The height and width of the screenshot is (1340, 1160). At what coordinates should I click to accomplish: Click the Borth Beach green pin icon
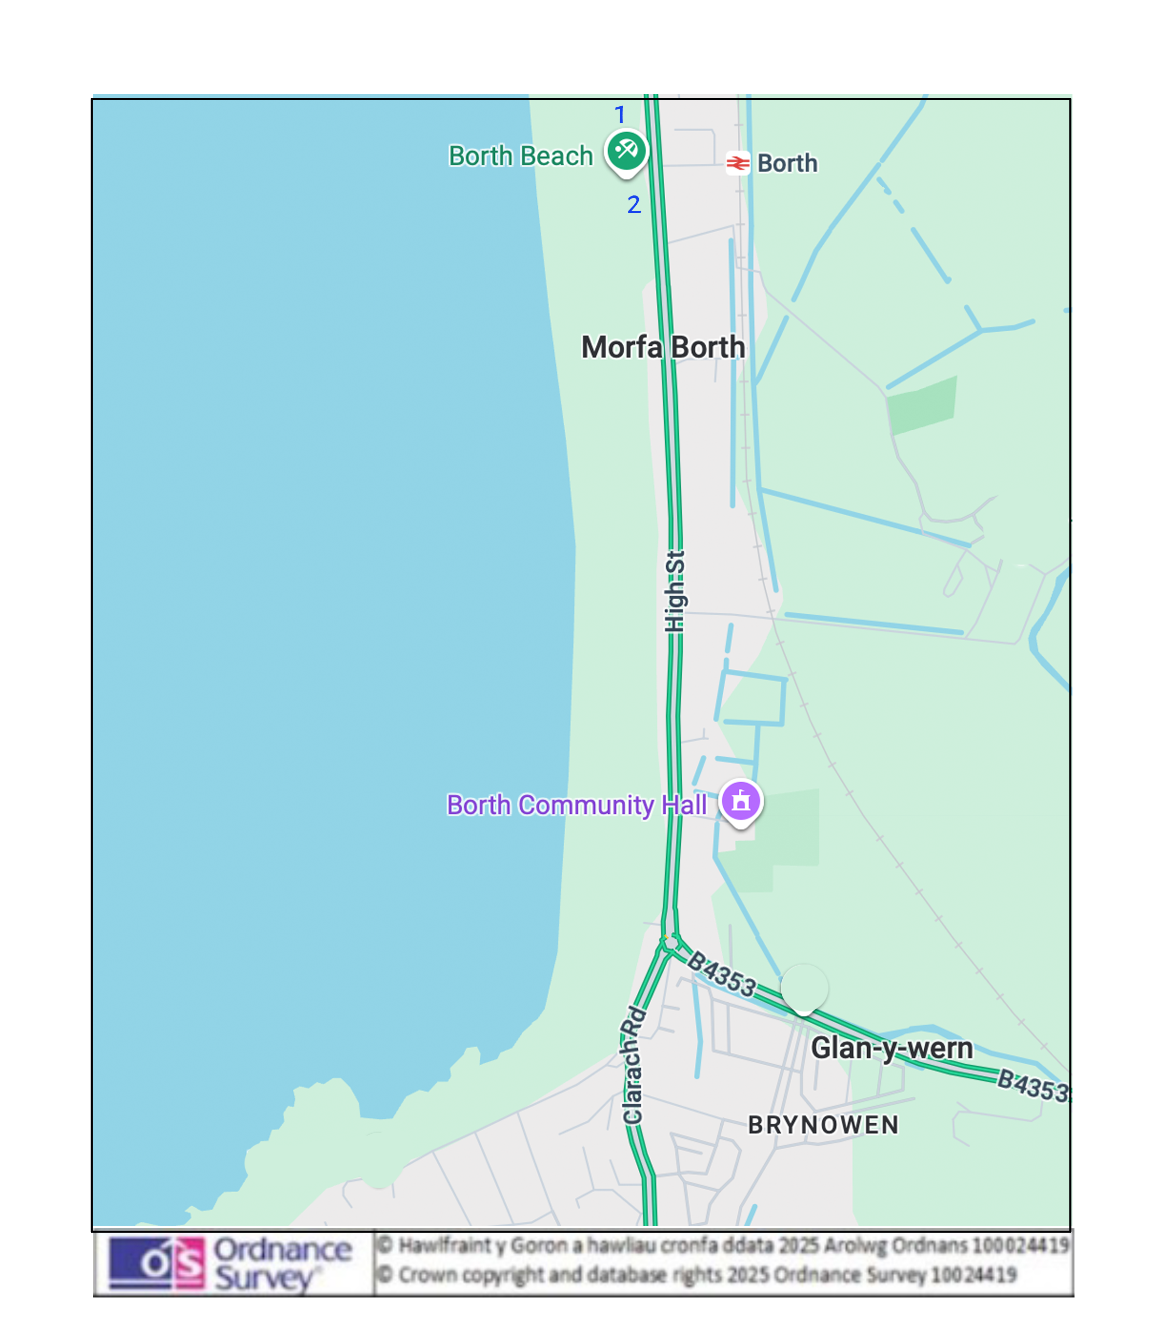(x=626, y=151)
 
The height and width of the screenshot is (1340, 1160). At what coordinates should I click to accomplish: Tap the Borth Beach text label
(x=521, y=156)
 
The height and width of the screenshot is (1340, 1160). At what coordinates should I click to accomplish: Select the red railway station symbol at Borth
(x=737, y=163)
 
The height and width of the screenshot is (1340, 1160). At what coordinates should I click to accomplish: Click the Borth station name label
(x=787, y=163)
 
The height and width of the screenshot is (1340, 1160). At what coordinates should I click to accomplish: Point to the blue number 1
(x=620, y=115)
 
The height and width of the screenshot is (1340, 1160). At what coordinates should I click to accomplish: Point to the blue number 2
(x=634, y=205)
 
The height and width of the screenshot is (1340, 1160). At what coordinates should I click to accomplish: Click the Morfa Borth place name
(x=663, y=347)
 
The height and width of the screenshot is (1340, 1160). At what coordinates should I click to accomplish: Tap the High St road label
(x=675, y=590)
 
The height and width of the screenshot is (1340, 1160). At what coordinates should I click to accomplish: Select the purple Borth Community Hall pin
(x=740, y=801)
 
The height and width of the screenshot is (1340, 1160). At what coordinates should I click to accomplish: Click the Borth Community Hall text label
(x=576, y=805)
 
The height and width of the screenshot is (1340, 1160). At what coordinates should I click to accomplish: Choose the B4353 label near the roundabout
(x=721, y=974)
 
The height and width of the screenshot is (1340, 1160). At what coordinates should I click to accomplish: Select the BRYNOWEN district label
(x=823, y=1125)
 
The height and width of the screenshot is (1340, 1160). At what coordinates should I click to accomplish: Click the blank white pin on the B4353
(x=804, y=987)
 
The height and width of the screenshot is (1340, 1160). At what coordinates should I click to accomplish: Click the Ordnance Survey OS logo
(x=156, y=1262)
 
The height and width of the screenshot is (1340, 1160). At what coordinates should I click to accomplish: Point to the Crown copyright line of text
(x=707, y=1275)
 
